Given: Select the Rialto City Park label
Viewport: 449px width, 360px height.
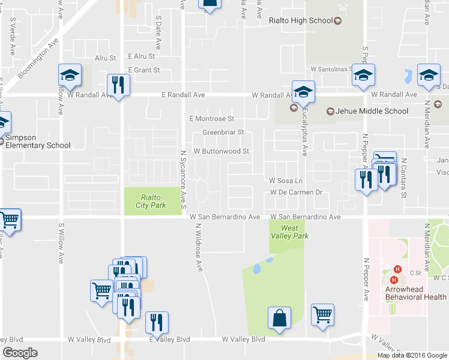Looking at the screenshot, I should click(152, 201).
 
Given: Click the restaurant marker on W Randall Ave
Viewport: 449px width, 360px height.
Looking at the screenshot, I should click(118, 86).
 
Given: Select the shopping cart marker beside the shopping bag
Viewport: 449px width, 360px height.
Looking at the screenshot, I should click(323, 315).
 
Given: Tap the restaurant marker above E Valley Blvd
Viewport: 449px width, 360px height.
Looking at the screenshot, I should click(157, 323).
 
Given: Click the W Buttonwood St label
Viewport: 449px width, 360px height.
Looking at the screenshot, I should click(221, 151).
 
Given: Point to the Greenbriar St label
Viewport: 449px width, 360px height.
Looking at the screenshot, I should click(223, 132).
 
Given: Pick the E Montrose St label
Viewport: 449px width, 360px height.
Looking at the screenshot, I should click(211, 119).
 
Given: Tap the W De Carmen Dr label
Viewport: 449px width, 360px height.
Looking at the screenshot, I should click(297, 193).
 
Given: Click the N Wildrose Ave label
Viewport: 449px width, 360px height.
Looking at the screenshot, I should click(197, 248).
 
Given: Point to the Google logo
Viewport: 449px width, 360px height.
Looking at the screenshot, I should click(20, 353).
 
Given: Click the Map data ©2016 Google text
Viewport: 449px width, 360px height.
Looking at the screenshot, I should click(412, 355).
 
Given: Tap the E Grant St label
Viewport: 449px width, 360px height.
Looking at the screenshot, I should click(143, 70).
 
